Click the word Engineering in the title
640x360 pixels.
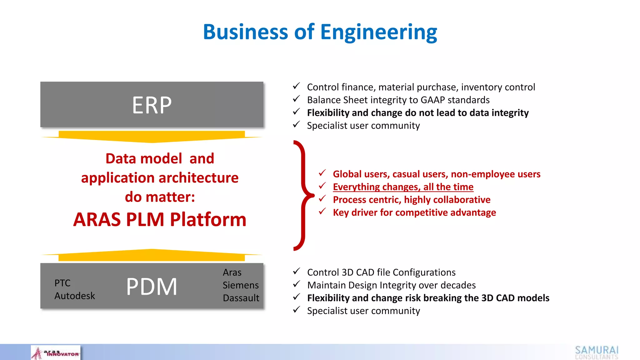tap(378, 32)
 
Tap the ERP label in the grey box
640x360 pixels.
tap(152, 105)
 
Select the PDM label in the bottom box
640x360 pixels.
tap(152, 287)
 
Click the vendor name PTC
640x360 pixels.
tap(62, 283)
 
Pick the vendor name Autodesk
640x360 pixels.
tap(74, 296)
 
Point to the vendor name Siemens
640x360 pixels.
tap(241, 285)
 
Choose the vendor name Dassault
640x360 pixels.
tap(241, 298)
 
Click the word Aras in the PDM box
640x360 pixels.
tap(232, 272)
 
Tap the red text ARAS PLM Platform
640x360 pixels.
tap(160, 219)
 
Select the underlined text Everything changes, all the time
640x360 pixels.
tap(403, 187)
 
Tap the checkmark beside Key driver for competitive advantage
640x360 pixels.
tap(322, 212)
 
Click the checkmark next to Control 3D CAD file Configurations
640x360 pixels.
tap(297, 271)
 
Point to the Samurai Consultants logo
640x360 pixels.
tap(597, 352)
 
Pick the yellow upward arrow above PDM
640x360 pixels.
tap(152, 255)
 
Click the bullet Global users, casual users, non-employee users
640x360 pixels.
tap(437, 174)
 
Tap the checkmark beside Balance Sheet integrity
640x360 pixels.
tap(297, 99)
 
